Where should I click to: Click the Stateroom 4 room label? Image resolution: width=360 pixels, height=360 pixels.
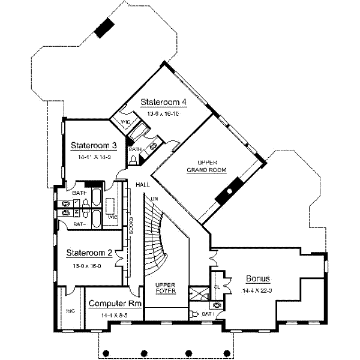[x=163, y=101]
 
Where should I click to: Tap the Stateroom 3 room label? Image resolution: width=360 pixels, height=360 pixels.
[x=93, y=145]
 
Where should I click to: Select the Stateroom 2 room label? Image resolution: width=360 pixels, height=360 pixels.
[x=89, y=253]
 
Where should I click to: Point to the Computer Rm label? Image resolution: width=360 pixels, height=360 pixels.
[x=115, y=304]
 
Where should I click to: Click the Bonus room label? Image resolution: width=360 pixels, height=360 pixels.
[x=258, y=279]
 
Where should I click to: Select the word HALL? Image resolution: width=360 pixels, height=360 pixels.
[x=142, y=185]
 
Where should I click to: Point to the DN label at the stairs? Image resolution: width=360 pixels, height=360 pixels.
[x=154, y=199]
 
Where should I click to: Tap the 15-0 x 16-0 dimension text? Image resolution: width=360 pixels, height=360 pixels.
[x=89, y=263]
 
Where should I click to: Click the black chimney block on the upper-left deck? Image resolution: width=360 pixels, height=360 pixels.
[x=106, y=27]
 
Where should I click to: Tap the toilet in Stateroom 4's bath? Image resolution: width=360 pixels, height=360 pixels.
[x=133, y=159]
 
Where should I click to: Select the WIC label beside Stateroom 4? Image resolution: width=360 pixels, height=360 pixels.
[x=127, y=122]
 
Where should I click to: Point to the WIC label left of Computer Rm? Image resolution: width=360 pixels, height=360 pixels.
[x=70, y=311]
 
